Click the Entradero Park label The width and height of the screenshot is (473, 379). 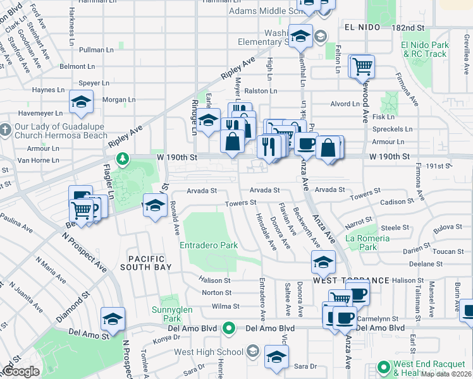[208, 244]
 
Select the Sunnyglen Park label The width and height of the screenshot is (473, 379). [167, 314]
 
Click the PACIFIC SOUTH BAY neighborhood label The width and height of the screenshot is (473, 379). [146, 263]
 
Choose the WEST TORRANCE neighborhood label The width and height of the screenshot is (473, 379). [350, 280]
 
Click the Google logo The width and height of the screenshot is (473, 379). [20, 371]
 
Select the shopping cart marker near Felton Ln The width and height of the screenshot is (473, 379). [362, 65]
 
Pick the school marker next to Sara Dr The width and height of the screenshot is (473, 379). [276, 356]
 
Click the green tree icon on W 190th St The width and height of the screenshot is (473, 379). [126, 157]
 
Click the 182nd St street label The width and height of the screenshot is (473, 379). [407, 28]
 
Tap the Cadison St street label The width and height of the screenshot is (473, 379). [396, 202]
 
